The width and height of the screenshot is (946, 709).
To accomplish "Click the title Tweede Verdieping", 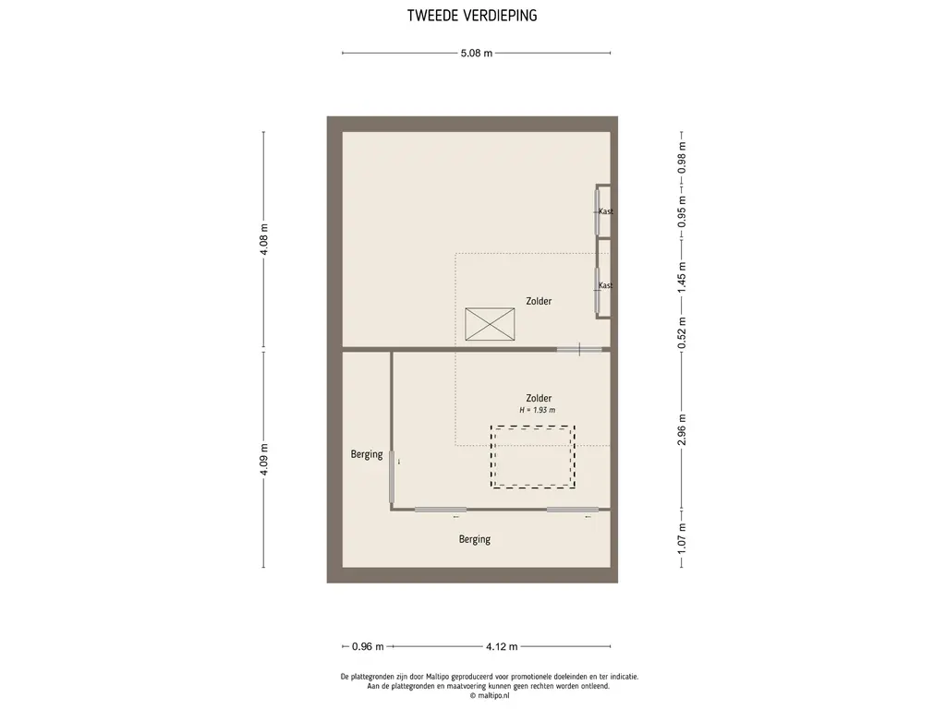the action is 472,16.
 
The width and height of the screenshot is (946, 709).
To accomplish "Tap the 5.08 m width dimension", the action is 476,53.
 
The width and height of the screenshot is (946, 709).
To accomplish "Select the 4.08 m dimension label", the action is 263,239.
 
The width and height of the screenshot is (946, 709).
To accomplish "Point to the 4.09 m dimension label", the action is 263,460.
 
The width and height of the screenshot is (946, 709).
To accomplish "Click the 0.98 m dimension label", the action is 682,158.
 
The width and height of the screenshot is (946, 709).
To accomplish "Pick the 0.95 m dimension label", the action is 682,211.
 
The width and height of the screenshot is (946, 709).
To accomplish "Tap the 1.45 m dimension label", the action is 682,278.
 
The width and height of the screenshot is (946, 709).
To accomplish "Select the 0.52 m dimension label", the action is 682,332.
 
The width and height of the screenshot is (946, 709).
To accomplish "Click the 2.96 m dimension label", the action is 682,430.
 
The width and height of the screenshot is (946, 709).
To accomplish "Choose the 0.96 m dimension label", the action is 368,646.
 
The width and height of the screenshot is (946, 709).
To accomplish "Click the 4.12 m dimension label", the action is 502,646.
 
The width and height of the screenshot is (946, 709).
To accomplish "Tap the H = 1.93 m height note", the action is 538,410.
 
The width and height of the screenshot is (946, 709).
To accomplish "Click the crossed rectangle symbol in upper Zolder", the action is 490,324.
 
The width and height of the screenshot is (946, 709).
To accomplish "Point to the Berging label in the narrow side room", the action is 367,454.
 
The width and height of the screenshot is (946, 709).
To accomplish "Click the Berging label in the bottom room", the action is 475,539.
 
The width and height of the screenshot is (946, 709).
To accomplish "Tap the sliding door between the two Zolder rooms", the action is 579,349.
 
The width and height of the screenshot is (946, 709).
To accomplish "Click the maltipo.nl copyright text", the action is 490,695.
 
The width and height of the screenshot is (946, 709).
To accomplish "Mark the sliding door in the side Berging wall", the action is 392,477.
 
